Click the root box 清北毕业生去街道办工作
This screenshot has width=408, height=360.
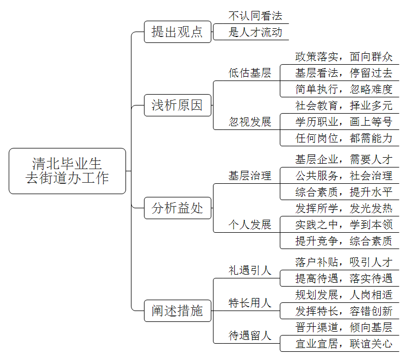[67, 171]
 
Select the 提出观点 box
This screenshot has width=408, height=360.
[178, 32]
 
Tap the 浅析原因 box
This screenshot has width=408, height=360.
[178, 105]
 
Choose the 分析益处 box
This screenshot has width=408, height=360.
[178, 208]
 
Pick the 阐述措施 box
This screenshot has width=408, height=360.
[178, 311]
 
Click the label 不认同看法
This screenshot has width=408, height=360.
[255, 16]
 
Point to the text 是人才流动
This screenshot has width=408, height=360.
[255, 32]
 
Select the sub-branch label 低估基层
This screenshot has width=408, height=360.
[250, 73]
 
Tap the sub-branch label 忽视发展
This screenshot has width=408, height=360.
[250, 122]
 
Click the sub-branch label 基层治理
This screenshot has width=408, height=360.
[250, 176]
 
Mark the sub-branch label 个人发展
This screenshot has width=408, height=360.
[250, 225]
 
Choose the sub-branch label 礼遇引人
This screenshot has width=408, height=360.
[250, 270]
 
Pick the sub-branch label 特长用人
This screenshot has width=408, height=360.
[250, 303]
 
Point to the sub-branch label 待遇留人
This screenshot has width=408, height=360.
[250, 336]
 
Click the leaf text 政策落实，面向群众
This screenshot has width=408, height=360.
[344, 57]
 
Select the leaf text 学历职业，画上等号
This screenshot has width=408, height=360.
[344, 122]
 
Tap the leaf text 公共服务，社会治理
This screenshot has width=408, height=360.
[344, 176]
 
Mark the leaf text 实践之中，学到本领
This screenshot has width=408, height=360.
[344, 225]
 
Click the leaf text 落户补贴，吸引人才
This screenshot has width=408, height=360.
[344, 262]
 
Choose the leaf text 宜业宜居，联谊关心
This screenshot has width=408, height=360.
[344, 344]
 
